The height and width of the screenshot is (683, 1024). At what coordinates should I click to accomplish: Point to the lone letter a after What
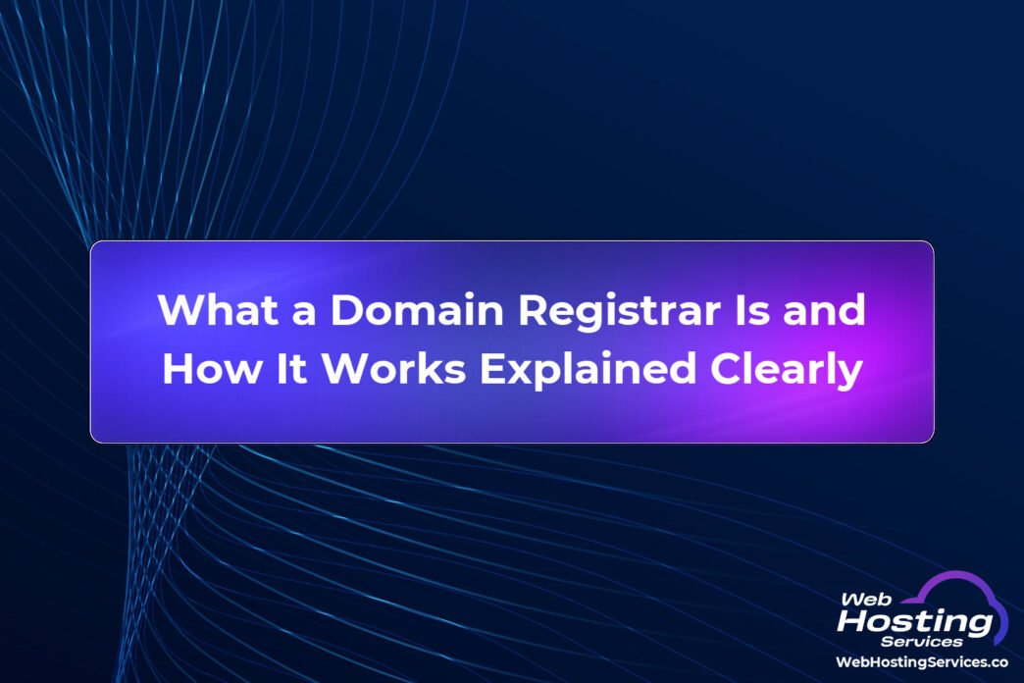point(303,313)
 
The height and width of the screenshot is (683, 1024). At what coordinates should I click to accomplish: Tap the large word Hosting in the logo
point(915,621)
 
